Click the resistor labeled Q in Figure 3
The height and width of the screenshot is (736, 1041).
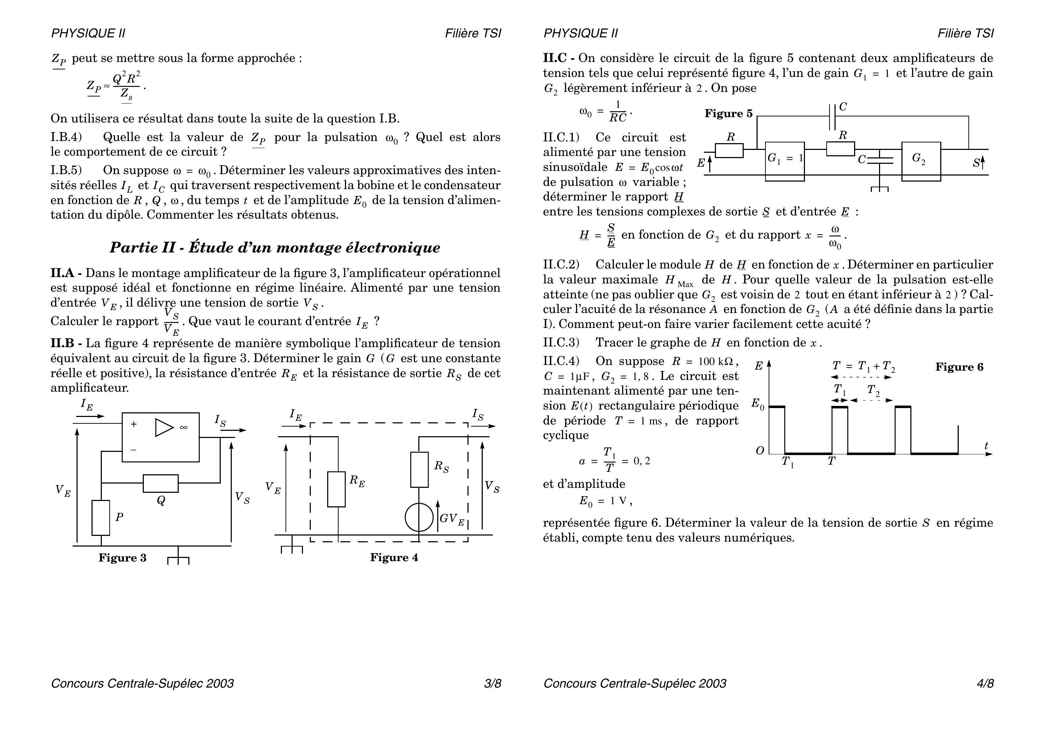(x=161, y=484)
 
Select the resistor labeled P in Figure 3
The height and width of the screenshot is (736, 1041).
(x=101, y=518)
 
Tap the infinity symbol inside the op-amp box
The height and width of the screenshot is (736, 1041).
(x=184, y=427)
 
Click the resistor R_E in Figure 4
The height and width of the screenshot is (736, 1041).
(x=336, y=489)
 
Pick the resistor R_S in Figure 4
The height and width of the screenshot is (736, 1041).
(x=419, y=470)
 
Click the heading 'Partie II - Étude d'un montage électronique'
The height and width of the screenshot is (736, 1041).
(x=275, y=247)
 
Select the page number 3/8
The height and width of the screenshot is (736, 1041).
(x=492, y=683)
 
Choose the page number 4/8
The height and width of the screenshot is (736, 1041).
(x=985, y=683)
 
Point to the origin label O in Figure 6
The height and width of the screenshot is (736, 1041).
(x=760, y=451)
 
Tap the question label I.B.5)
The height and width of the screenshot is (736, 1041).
(x=66, y=170)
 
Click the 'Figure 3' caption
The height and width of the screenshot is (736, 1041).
(x=122, y=558)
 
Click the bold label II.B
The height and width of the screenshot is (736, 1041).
(x=66, y=343)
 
